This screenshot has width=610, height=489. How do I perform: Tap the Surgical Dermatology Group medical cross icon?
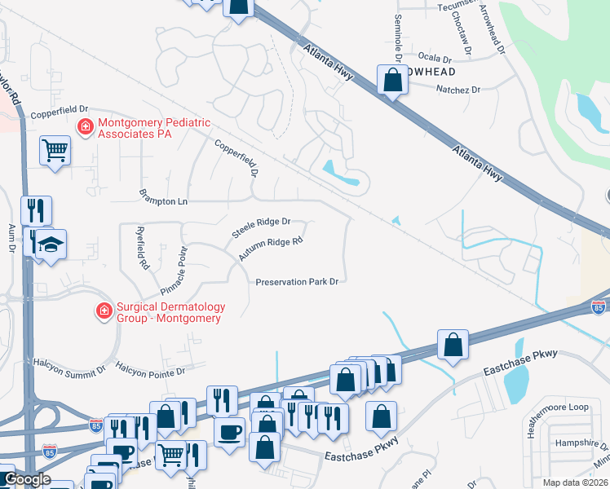point(104,311)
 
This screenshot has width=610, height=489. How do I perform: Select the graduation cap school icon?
point(51,244)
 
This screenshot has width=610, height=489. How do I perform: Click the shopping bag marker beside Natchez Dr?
point(392,80)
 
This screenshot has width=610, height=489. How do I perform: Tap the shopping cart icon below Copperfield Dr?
point(55,150)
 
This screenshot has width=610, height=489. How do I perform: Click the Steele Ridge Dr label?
point(262,227)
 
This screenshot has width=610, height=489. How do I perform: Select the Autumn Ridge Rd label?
point(271,249)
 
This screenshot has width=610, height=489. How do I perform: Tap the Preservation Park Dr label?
point(297,282)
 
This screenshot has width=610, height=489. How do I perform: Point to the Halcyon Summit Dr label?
point(69,364)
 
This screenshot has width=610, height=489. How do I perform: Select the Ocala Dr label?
point(434,59)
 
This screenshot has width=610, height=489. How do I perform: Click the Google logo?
point(27,479)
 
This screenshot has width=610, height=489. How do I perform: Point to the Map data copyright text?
point(575,482)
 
